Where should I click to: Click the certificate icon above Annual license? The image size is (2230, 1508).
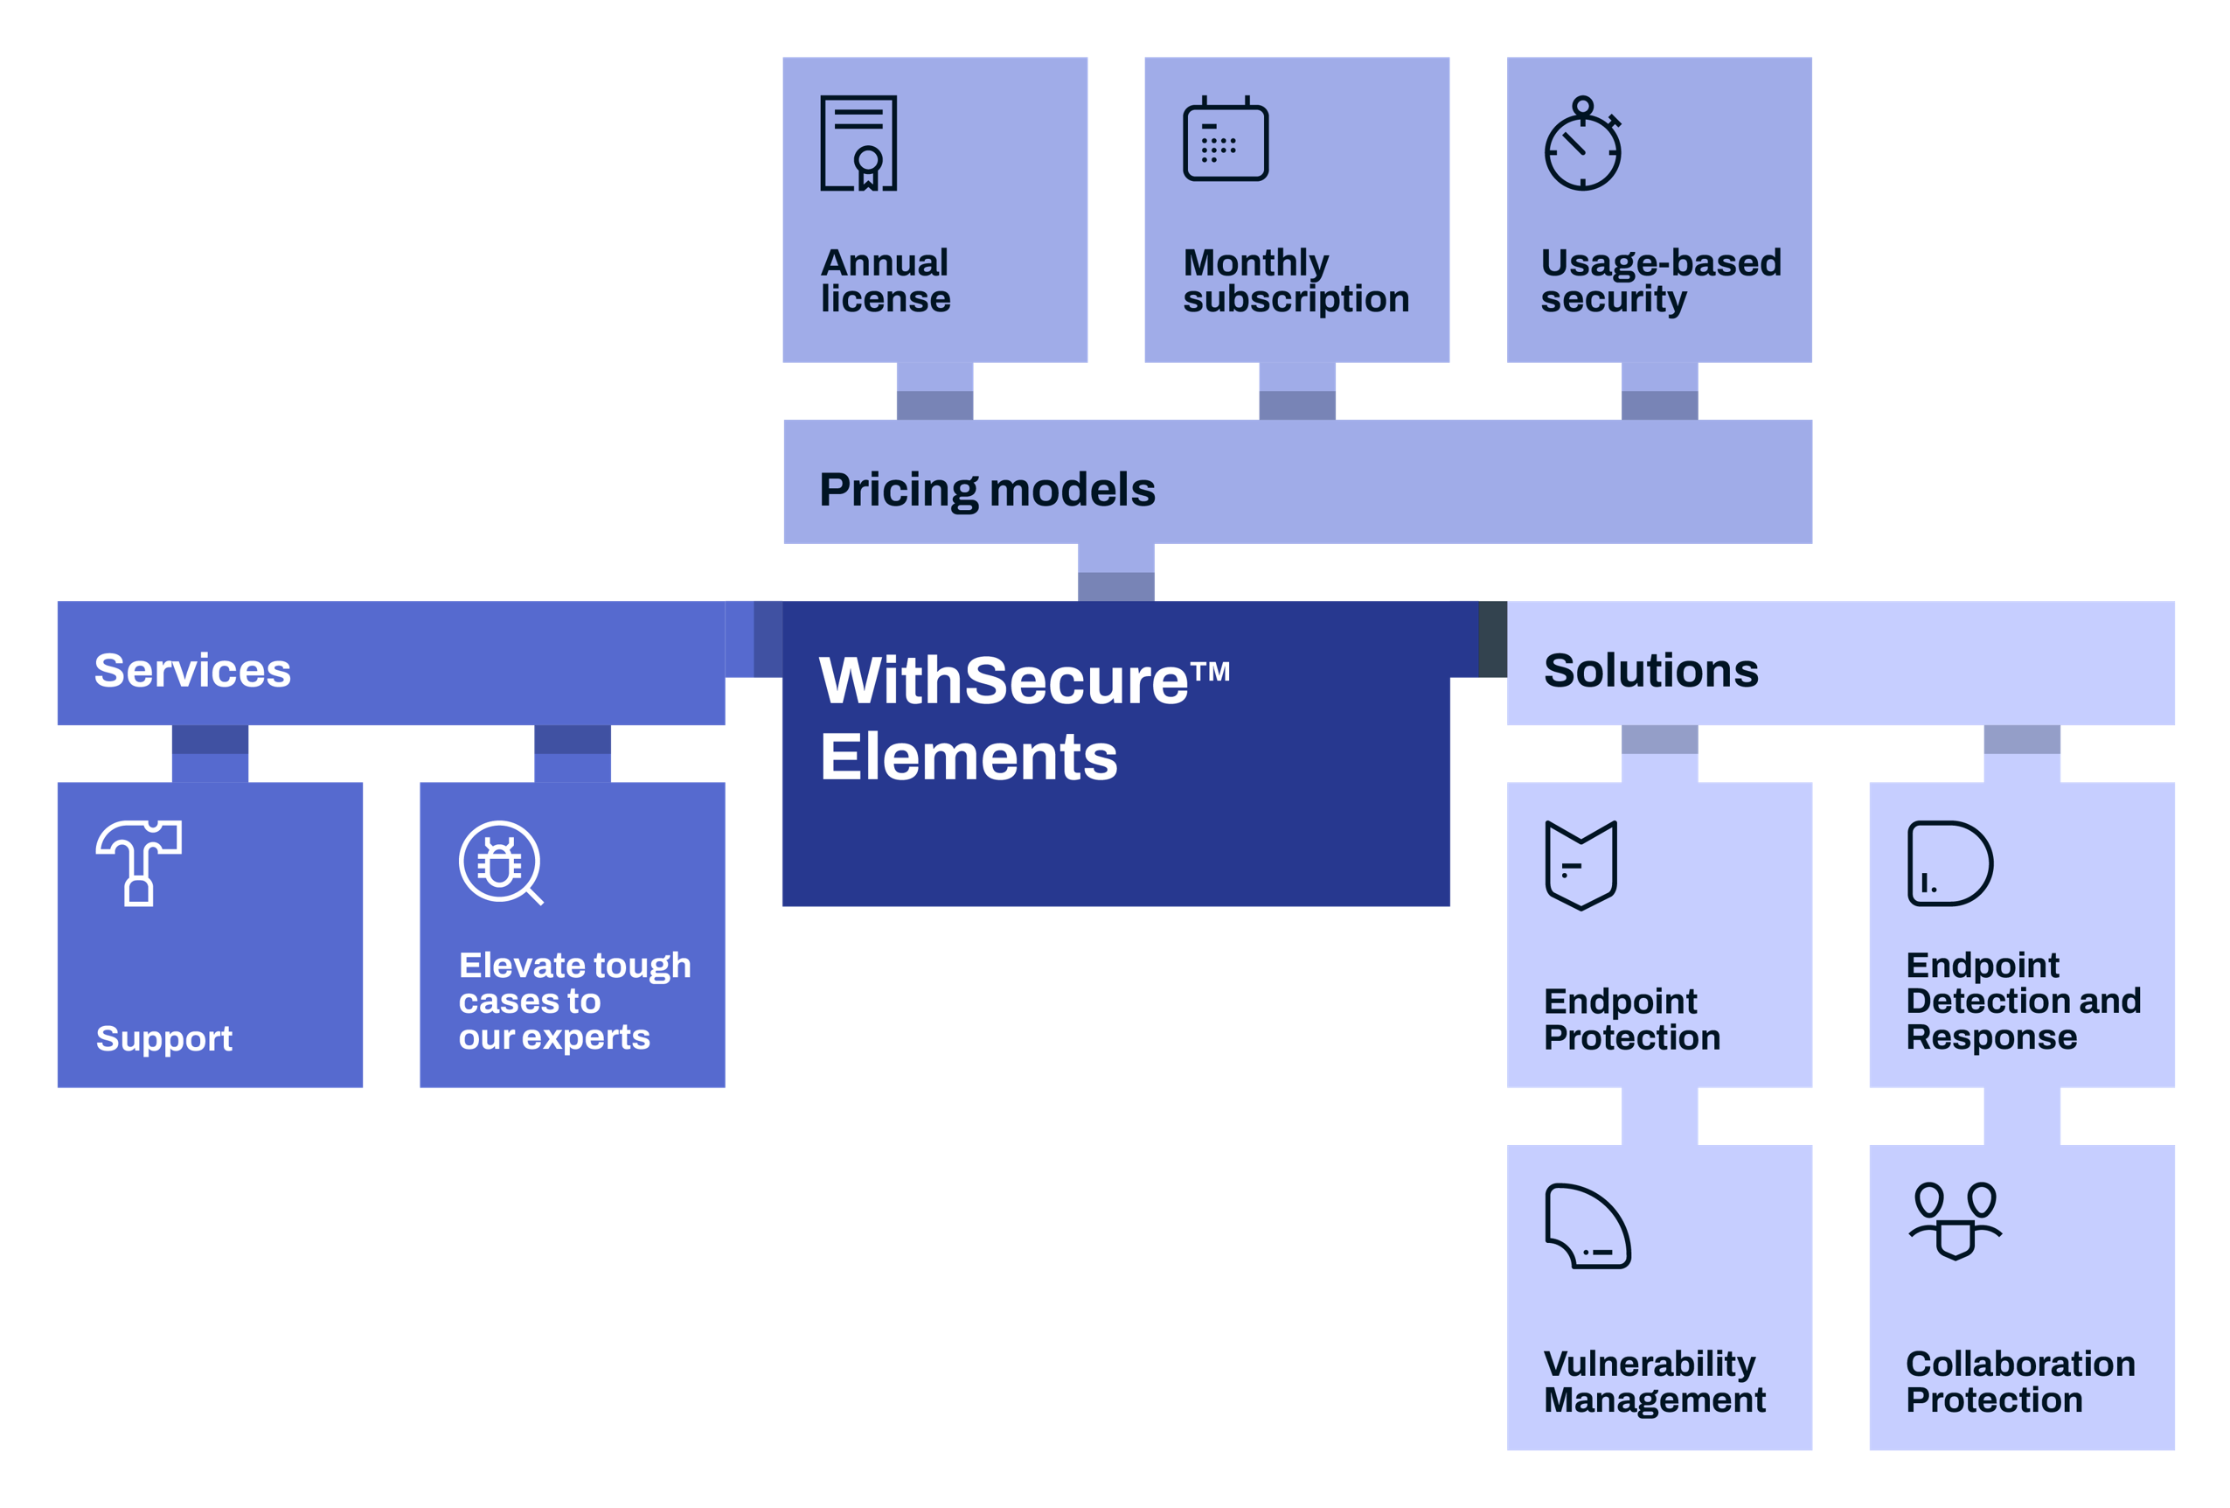(x=858, y=143)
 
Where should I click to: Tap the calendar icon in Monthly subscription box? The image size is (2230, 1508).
(x=1226, y=139)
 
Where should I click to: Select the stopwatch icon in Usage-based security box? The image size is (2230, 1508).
(x=1582, y=145)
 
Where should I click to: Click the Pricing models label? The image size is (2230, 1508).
(x=986, y=490)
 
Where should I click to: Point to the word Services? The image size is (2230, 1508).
(x=192, y=670)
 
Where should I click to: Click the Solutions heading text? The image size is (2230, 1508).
(x=1650, y=670)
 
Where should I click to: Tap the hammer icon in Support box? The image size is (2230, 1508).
(x=139, y=862)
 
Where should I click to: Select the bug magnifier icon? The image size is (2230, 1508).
(x=500, y=862)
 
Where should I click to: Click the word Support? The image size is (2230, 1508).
(x=164, y=1038)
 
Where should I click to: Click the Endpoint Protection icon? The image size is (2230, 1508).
(x=1581, y=865)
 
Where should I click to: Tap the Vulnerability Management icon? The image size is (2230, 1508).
(x=1587, y=1225)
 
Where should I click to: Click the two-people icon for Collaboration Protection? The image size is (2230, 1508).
(x=1955, y=1220)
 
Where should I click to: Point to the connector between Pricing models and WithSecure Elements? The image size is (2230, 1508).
(x=1116, y=572)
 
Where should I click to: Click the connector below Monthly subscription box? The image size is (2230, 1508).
(x=1296, y=391)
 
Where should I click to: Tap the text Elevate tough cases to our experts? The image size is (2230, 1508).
(x=573, y=1002)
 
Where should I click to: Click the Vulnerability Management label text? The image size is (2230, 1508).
(x=1654, y=1381)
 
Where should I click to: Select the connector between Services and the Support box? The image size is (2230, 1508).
(x=210, y=753)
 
